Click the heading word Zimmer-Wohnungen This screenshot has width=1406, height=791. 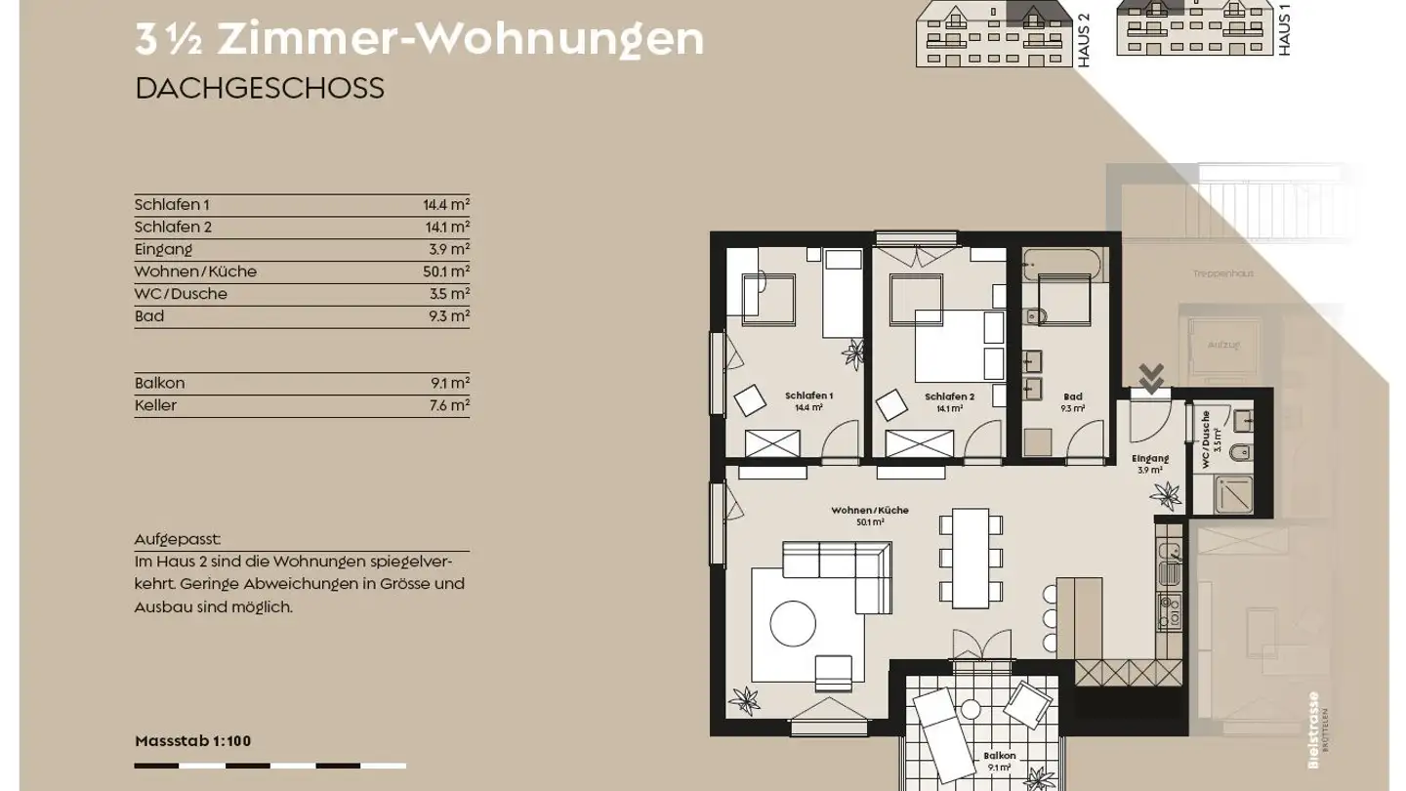[460, 39]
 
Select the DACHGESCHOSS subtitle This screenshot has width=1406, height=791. [260, 88]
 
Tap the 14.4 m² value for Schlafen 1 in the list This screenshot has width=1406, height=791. [446, 205]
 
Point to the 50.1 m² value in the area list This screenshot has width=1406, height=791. [446, 271]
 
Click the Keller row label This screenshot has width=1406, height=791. [156, 405]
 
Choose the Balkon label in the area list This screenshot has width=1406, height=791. [160, 383]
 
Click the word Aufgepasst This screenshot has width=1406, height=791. [178, 539]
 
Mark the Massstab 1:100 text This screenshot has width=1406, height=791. [192, 741]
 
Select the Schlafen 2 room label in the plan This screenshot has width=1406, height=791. [949, 397]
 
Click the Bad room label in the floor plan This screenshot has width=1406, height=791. [1072, 397]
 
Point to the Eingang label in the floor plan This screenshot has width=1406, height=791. [1149, 459]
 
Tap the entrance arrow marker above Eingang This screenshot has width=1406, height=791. [1151, 377]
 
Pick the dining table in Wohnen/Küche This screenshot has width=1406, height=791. [971, 558]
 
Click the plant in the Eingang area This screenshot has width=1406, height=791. [1166, 496]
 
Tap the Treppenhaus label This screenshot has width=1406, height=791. [1222, 274]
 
